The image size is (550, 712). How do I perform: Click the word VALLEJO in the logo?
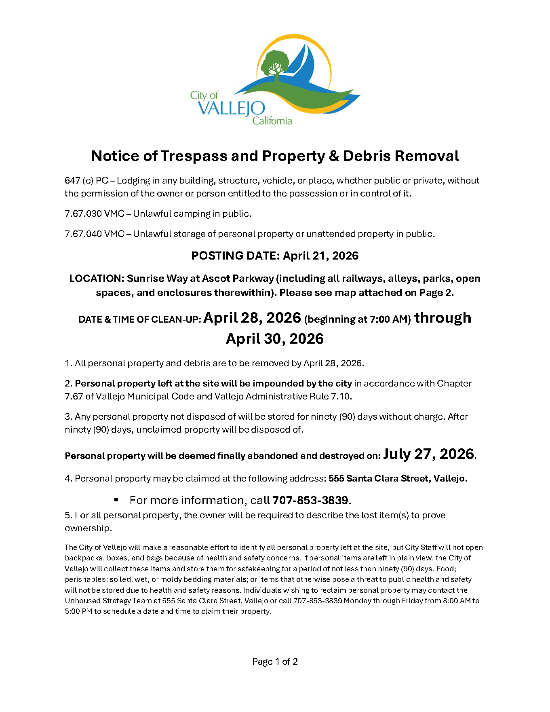[x=232, y=108]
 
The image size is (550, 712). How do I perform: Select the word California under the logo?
[x=272, y=120]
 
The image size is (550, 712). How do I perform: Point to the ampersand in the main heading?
[x=334, y=156]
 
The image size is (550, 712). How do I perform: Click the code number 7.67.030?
[x=83, y=213]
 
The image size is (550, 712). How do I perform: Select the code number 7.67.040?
[x=83, y=234]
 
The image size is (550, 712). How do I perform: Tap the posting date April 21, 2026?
[x=320, y=256]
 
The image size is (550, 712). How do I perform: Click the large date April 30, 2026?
[x=275, y=338]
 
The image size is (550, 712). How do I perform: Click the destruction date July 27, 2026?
[x=428, y=454]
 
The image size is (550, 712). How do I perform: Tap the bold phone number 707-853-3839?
[x=310, y=500]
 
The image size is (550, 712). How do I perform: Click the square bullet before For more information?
[x=116, y=500]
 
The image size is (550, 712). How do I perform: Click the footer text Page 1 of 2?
[x=275, y=661]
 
